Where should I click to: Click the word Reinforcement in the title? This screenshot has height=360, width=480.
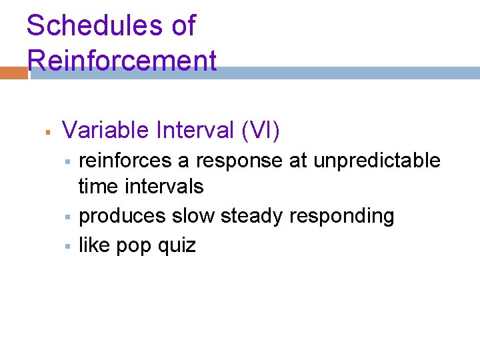(122, 61)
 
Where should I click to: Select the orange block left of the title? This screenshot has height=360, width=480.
(13, 73)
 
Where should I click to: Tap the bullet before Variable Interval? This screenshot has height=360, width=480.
(48, 131)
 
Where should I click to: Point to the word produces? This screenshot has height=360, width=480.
(122, 216)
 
